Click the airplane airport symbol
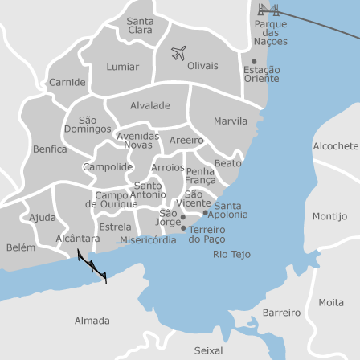[x=178, y=53]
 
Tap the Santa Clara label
[x=140, y=26]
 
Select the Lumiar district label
[x=123, y=67]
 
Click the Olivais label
[x=202, y=66]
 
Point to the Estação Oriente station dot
[x=254, y=62]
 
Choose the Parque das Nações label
[x=270, y=33]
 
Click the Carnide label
[x=67, y=82]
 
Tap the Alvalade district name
[x=150, y=105]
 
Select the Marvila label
[x=231, y=121]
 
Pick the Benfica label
[x=50, y=149]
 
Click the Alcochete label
[x=335, y=146]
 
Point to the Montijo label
[x=329, y=216]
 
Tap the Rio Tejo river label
[x=231, y=254]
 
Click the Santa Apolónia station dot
[x=206, y=213]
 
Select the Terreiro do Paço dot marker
[x=184, y=228]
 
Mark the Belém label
[x=21, y=247]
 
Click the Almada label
[x=92, y=321]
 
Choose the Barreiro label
[x=281, y=313]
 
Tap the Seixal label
[x=208, y=350]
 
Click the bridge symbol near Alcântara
[x=92, y=265]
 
